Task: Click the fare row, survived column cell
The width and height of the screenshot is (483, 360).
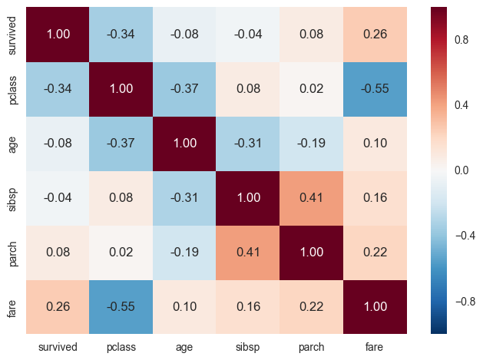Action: [x=59, y=306]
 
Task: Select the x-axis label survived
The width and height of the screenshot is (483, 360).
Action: [x=59, y=347]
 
